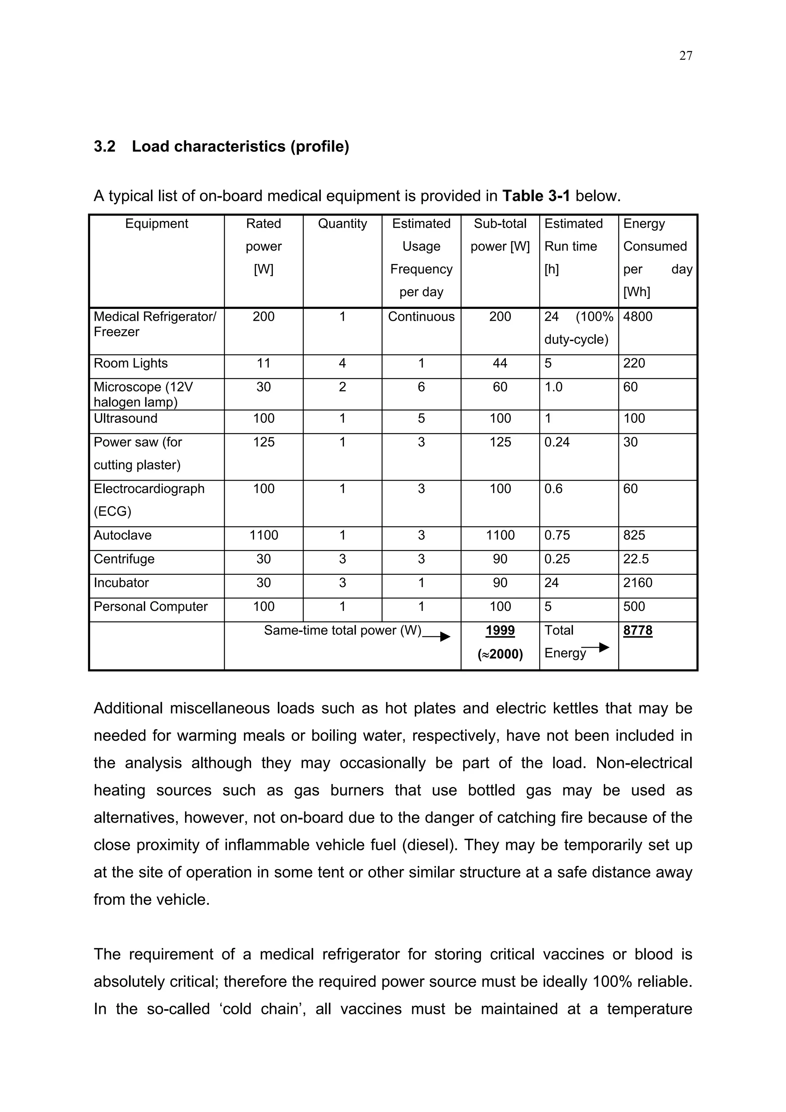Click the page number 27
click(685, 56)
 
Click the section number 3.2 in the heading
click(105, 146)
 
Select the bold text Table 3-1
click(536, 196)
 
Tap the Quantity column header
click(342, 223)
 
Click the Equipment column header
click(157, 223)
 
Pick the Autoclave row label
click(122, 535)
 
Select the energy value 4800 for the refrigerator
click(637, 317)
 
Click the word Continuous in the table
click(421, 317)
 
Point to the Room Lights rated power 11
click(263, 363)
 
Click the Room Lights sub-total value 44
click(500, 363)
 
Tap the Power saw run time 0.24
click(557, 442)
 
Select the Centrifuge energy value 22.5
click(636, 559)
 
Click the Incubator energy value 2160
click(637, 582)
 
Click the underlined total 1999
click(500, 630)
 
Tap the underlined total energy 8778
click(637, 630)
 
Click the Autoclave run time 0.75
click(557, 535)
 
